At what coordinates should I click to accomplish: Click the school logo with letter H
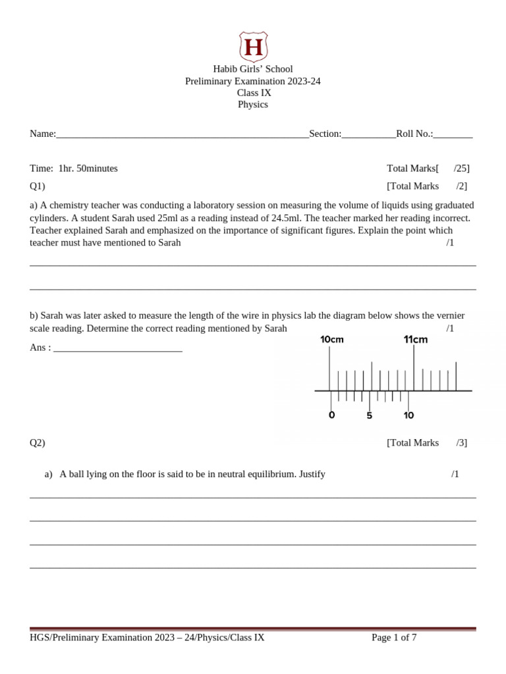[x=253, y=46]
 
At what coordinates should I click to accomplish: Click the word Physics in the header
[x=253, y=105]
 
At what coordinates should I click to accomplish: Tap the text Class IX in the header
[x=254, y=93]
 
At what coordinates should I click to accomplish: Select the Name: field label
[x=43, y=134]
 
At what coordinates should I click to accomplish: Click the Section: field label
[x=325, y=134]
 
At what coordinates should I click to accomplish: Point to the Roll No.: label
[x=414, y=134]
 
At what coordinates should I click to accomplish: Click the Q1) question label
[x=38, y=186]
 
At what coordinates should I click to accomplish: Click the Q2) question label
[x=38, y=442]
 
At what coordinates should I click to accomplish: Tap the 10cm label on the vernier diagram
[x=332, y=340]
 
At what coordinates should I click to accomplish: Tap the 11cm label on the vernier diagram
[x=416, y=340]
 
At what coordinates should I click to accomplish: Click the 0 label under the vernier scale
[x=331, y=415]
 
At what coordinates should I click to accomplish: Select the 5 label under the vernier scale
[x=370, y=415]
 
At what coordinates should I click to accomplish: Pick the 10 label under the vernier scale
[x=408, y=415]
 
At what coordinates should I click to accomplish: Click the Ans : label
[x=40, y=347]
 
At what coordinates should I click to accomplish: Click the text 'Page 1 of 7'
[x=394, y=637]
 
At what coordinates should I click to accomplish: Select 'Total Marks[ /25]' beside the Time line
[x=428, y=168]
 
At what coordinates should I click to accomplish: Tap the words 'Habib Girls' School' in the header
[x=253, y=69]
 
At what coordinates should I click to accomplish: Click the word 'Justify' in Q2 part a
[x=312, y=474]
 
